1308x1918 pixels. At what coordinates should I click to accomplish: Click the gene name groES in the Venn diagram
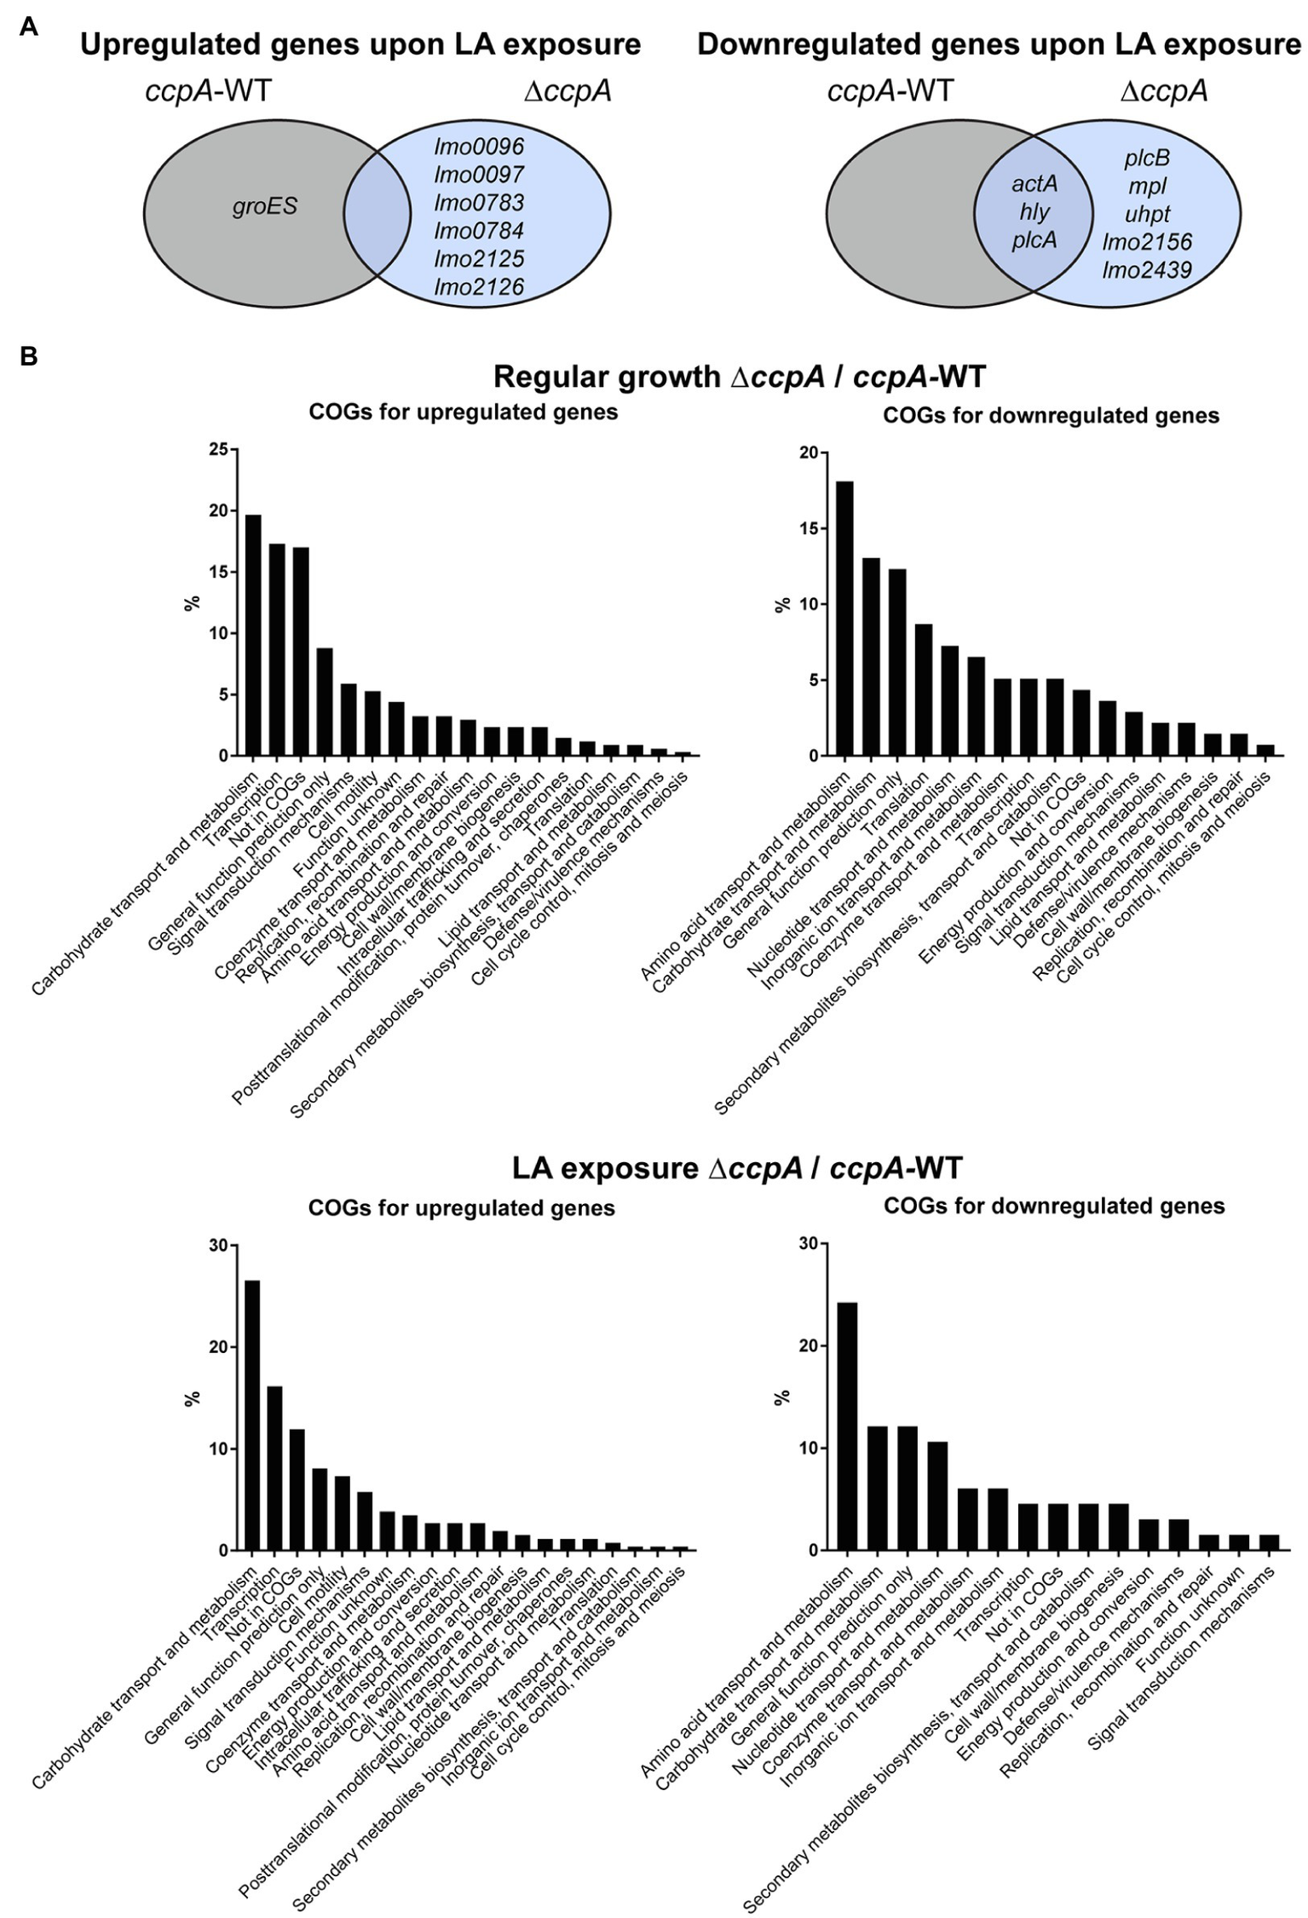tap(264, 206)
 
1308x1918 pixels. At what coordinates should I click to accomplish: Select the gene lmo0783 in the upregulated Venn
tap(479, 203)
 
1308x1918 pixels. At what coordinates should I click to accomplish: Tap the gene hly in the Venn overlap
tap(1034, 212)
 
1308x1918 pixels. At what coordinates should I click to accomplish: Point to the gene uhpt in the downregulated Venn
tap(1146, 214)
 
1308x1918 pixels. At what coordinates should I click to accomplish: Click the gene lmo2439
tap(1146, 270)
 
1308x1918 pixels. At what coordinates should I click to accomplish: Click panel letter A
tap(28, 27)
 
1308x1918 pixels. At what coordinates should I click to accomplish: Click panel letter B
tap(28, 355)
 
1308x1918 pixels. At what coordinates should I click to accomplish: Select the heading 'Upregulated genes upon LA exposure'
tap(360, 44)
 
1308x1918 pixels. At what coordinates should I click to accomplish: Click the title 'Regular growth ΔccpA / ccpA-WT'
tap(739, 376)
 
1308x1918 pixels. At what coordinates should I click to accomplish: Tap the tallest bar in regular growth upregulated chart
tap(253, 635)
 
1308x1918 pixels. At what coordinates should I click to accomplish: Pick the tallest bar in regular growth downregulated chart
tap(844, 619)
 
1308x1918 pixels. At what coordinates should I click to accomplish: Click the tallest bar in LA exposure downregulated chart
tap(847, 1426)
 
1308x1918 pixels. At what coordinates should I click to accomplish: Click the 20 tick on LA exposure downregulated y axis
tap(809, 1346)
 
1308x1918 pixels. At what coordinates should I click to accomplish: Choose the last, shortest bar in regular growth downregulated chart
tap(1265, 750)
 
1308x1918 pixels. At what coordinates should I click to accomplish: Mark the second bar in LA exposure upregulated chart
tap(274, 1467)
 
